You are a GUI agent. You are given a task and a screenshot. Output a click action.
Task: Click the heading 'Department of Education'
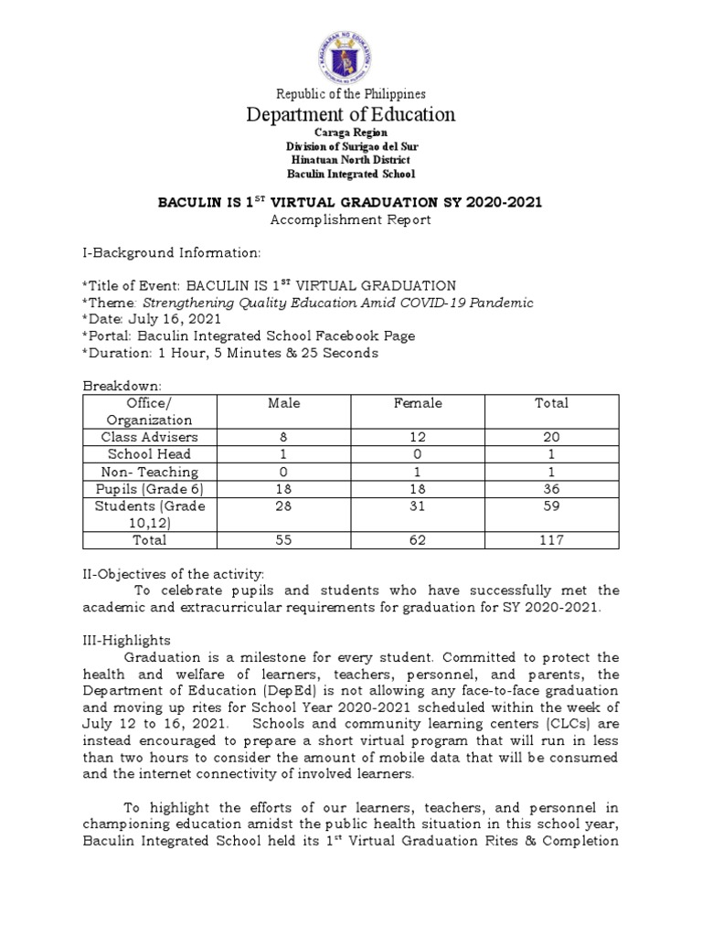(351, 114)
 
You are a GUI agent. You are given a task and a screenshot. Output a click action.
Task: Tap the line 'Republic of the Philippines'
(351, 93)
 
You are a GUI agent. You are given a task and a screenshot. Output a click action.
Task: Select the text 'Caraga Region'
(351, 133)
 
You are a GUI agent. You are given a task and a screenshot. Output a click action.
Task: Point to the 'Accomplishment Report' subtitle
(351, 219)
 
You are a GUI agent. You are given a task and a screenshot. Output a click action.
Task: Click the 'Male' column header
(283, 403)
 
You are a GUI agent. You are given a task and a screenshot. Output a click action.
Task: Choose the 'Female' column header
(418, 403)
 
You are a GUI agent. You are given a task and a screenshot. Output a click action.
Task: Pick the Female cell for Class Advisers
(418, 437)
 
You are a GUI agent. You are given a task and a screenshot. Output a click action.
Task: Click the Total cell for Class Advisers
(552, 437)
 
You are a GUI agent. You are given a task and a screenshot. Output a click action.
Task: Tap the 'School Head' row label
(149, 454)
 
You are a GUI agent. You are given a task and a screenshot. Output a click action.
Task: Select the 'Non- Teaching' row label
(149, 472)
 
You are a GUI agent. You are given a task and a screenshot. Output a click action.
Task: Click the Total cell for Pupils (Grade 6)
(552, 489)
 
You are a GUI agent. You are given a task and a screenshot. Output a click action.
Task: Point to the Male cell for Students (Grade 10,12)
(283, 506)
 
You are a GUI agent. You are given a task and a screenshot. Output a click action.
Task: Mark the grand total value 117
(552, 540)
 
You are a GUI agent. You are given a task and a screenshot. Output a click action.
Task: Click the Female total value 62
(418, 540)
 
